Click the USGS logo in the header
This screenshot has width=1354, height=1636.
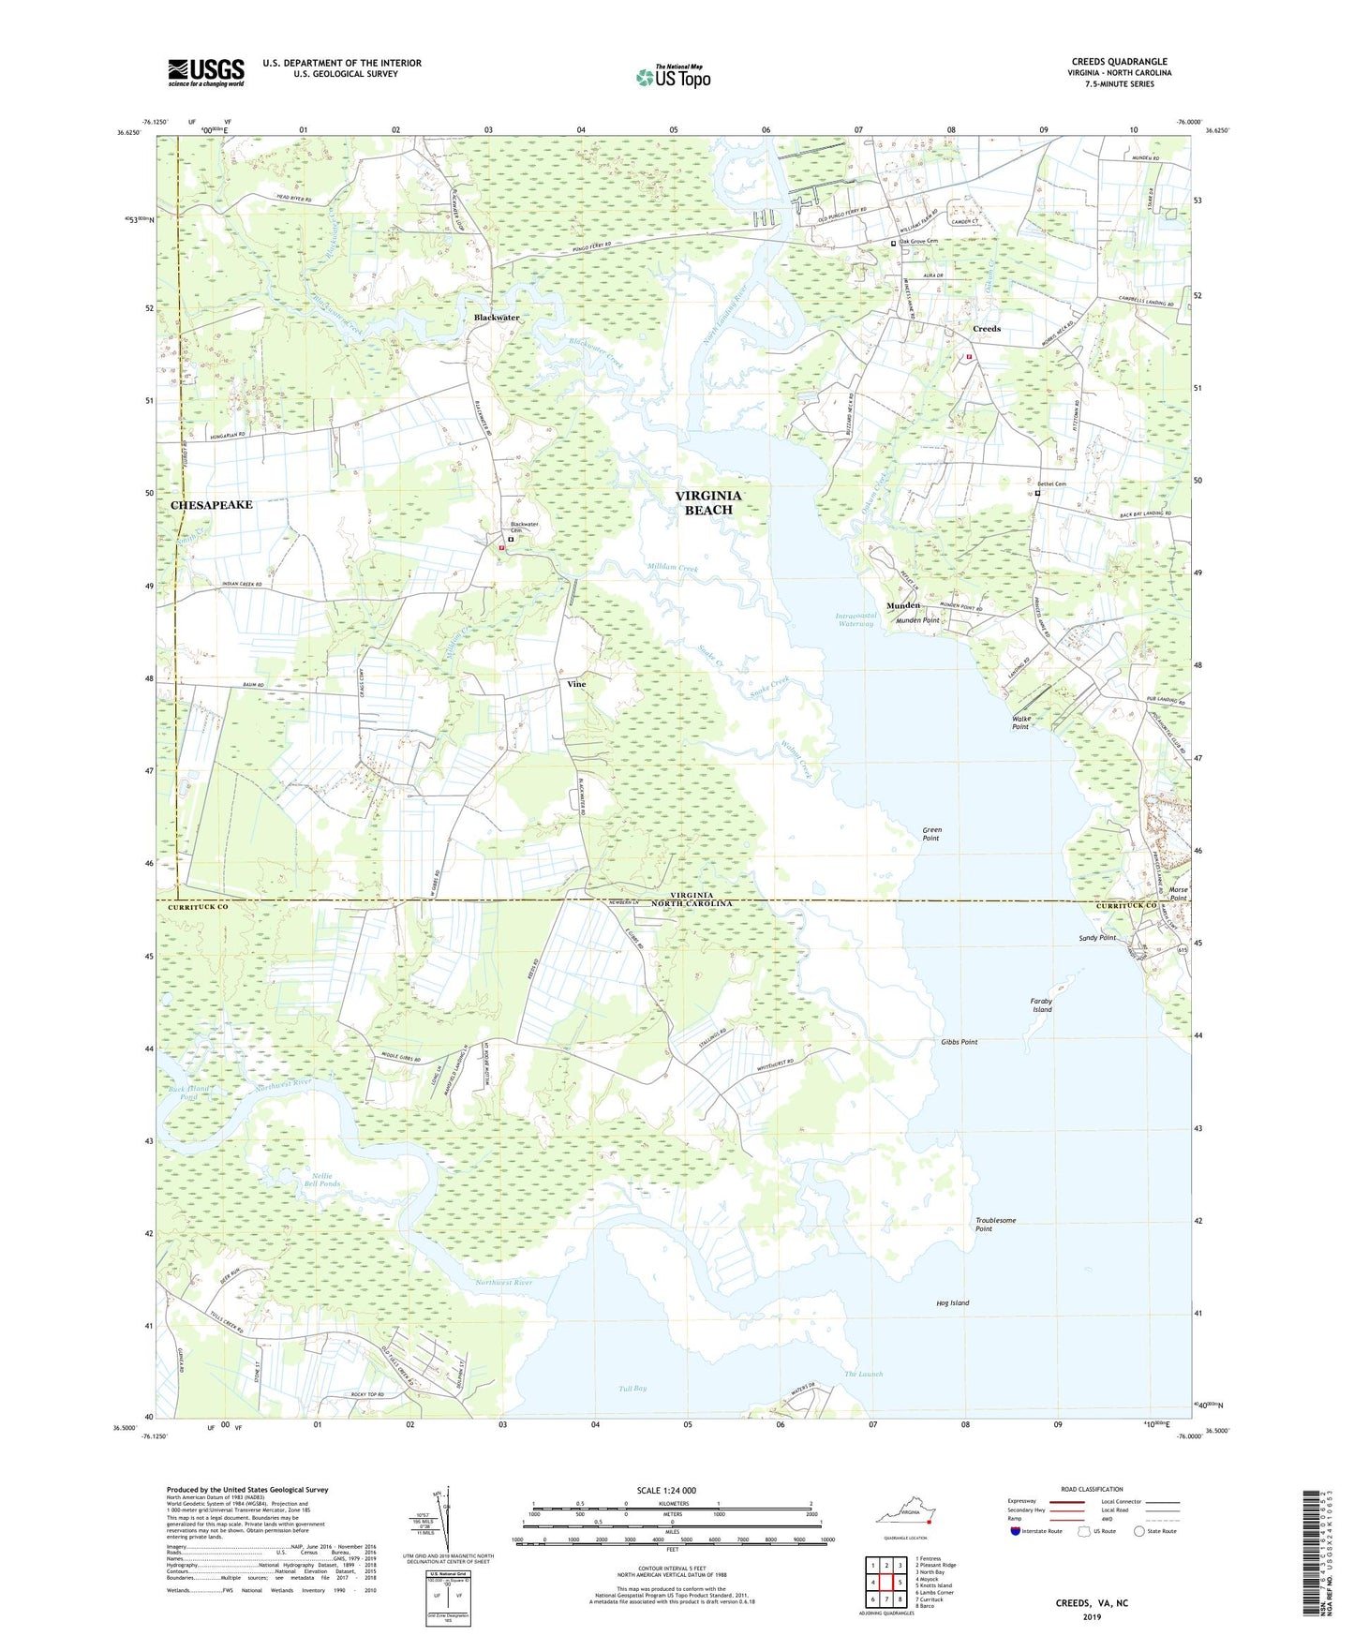(x=206, y=71)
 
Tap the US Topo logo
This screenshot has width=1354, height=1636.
(x=673, y=77)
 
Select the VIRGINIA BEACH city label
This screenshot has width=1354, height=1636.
(x=708, y=502)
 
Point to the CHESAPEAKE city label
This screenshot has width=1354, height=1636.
(x=212, y=505)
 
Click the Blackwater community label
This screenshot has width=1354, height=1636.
(x=496, y=318)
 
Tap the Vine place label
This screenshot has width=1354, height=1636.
(x=576, y=684)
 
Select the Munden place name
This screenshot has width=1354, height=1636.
(x=903, y=606)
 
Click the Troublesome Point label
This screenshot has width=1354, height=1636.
(x=995, y=1224)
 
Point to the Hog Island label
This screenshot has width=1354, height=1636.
(x=952, y=1302)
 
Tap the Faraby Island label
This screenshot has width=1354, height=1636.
(x=1042, y=1004)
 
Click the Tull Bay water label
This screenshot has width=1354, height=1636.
(x=632, y=1388)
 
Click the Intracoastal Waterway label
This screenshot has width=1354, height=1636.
(x=855, y=619)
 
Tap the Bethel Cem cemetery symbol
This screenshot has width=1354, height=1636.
(x=1037, y=493)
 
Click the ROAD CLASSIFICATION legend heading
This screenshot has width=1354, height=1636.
(x=1092, y=1489)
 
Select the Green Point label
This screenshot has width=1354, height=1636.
(x=931, y=833)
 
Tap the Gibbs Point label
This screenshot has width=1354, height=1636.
(x=959, y=1042)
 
